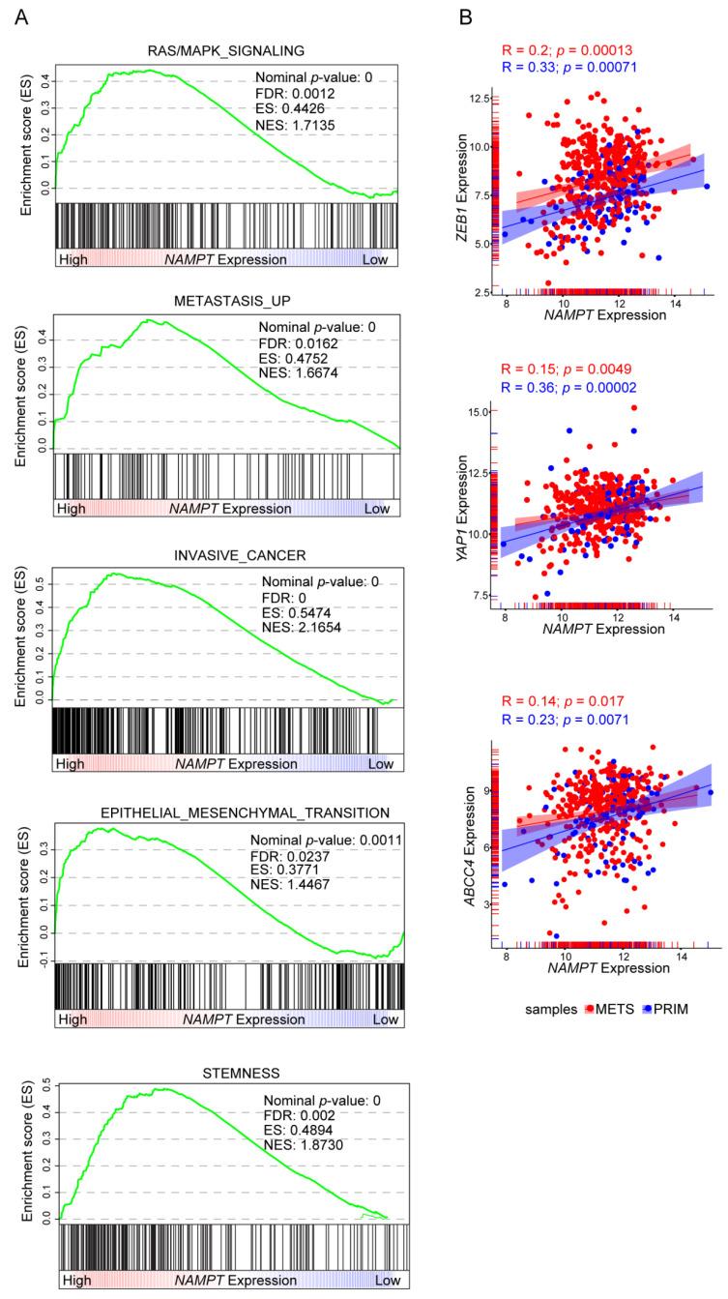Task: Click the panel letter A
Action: tap(21, 16)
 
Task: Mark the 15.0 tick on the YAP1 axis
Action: tap(476, 413)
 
